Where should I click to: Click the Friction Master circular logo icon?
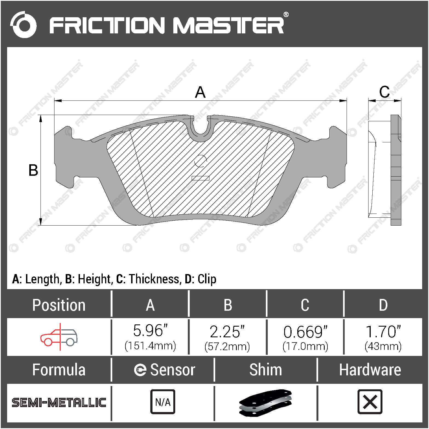(x=23, y=25)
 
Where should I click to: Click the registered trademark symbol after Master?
(x=286, y=15)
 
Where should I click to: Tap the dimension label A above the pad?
(x=200, y=92)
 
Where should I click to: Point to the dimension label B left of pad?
(x=33, y=170)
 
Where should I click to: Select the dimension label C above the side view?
(x=384, y=92)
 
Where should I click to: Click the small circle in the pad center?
(x=200, y=161)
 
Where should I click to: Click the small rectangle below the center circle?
(x=200, y=178)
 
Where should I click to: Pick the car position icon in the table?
(x=59, y=337)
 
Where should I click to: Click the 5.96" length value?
(x=150, y=331)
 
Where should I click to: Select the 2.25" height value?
(x=227, y=332)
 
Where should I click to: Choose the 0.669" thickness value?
(x=305, y=332)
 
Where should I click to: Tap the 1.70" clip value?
(x=383, y=332)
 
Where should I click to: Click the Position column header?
(x=59, y=305)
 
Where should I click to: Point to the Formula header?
(x=59, y=370)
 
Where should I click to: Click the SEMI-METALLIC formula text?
(x=59, y=402)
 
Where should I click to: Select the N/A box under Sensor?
(x=163, y=402)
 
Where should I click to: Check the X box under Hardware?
(x=370, y=402)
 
